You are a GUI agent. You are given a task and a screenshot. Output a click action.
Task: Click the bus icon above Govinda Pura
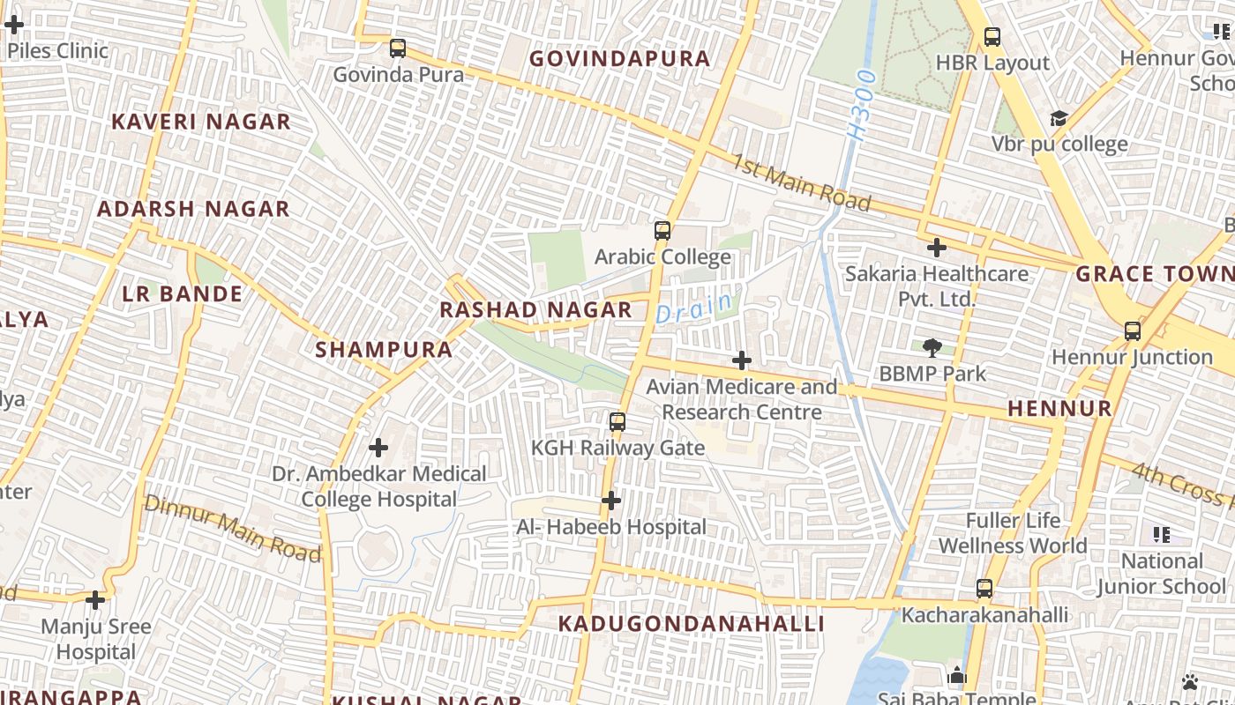398,48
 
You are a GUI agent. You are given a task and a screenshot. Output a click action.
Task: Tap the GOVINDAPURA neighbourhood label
619,59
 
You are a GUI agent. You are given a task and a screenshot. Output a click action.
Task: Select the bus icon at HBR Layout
992,37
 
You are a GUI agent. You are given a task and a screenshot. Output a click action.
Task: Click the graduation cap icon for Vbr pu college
1058,119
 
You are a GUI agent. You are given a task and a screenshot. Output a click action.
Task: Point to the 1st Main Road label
800,183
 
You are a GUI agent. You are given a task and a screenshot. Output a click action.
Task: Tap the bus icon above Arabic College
662,231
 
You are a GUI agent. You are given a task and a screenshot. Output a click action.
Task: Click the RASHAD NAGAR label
535,310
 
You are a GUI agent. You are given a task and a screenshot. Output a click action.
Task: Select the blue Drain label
694,308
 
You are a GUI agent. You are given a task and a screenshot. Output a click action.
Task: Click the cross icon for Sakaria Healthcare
937,248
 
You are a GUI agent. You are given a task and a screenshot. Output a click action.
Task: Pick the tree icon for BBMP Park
932,347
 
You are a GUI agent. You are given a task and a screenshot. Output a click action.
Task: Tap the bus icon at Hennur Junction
1133,331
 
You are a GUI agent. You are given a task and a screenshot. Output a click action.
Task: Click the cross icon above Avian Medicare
742,360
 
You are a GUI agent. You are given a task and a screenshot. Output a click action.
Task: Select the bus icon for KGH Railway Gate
617,422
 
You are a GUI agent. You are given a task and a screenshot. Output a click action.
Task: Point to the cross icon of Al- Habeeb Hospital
610,501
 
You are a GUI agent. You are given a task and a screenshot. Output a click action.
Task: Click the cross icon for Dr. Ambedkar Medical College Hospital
378,448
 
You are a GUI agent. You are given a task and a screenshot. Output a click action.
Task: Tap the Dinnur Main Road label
232,528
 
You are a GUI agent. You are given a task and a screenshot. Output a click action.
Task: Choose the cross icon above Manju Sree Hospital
95,601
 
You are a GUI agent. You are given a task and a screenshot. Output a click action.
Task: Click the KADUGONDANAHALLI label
691,624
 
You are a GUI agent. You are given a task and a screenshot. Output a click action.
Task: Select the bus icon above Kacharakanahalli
984,589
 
